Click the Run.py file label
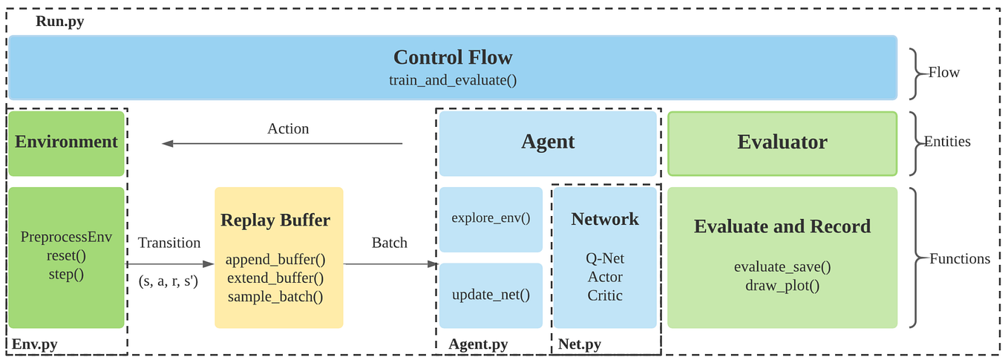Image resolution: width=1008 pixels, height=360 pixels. point(59,22)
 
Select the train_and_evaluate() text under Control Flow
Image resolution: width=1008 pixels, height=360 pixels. point(452,79)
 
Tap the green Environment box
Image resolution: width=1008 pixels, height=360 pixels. point(66,143)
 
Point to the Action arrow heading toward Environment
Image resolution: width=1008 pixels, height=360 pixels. point(282,144)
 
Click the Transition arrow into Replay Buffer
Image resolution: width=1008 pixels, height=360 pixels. point(170,264)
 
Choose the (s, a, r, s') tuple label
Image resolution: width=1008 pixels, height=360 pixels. point(168,281)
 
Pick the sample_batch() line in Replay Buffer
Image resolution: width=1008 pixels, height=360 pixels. point(275,297)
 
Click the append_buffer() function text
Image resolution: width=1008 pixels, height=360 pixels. point(275,261)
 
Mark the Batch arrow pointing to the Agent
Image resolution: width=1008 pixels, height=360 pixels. point(390,264)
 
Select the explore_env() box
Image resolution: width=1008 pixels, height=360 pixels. point(491,219)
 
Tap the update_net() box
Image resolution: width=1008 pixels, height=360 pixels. point(491,295)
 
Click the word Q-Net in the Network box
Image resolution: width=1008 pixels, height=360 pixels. point(604,258)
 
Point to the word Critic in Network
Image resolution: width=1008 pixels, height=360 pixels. point(604,295)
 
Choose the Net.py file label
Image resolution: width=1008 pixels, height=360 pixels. point(579,344)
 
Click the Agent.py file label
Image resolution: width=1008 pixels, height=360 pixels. point(478,344)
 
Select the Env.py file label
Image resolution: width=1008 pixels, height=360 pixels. point(34,344)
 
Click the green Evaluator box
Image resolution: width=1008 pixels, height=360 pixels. point(782,143)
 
